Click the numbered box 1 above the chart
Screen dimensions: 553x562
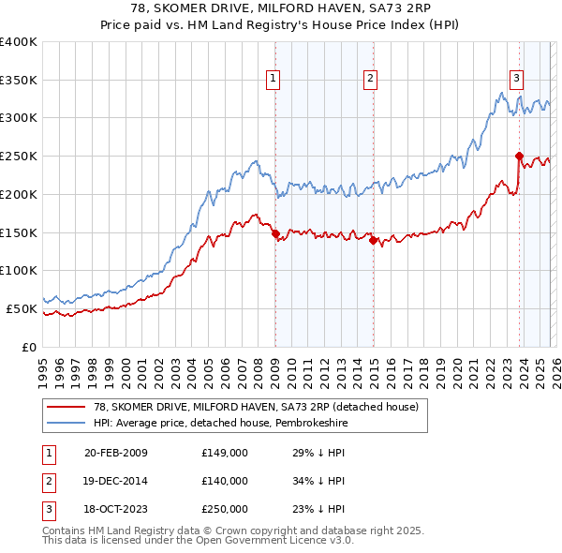click(274, 79)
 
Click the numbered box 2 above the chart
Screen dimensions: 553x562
click(371, 79)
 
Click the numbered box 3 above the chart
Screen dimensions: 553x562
click(516, 79)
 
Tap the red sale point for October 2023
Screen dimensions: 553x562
click(519, 156)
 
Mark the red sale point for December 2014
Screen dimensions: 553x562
click(373, 240)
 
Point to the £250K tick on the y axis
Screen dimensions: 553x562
click(19, 156)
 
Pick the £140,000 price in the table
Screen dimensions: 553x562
click(225, 481)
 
